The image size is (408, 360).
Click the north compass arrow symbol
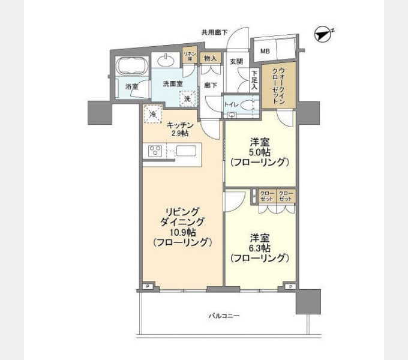tap(324, 35)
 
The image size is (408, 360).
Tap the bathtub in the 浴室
tap(126, 65)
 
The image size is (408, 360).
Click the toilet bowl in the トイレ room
tap(251, 104)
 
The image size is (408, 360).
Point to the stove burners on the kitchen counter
tap(153, 151)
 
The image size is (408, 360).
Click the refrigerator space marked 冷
tap(153, 113)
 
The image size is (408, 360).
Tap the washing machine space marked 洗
tap(187, 98)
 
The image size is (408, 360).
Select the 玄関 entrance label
tap(236, 62)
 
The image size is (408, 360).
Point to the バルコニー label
tap(224, 314)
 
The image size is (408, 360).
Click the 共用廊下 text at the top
tap(214, 32)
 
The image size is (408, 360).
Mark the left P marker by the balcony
tap(146, 287)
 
